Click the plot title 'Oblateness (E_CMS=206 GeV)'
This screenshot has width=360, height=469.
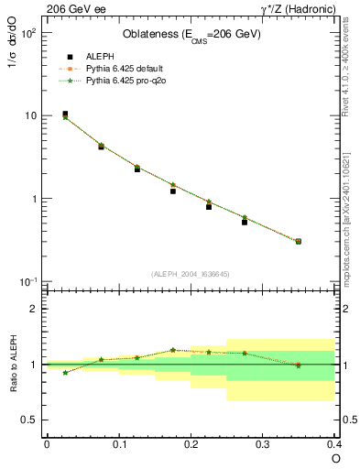191,35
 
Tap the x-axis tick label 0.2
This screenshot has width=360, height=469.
191,445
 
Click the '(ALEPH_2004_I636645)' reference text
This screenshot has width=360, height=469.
191,273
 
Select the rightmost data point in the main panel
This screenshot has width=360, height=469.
299,241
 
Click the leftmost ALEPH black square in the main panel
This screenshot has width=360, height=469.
65,115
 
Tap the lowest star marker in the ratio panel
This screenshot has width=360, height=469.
65,373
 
